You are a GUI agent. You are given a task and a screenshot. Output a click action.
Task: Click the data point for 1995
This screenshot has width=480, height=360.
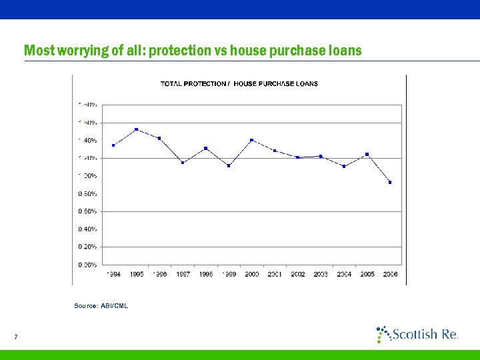137,129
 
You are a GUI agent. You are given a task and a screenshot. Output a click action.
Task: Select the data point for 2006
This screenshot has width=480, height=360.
390,182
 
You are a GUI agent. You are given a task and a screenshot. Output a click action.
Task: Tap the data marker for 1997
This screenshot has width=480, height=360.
183,163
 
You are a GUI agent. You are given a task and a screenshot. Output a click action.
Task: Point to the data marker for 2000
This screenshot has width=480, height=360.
251,140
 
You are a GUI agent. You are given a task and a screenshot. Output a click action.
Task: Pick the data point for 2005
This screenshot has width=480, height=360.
367,154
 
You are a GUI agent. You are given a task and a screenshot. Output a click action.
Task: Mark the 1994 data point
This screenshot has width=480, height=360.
114,145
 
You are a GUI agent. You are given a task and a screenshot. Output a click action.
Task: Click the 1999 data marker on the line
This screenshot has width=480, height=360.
229,165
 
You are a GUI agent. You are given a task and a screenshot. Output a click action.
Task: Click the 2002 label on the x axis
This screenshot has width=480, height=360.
298,274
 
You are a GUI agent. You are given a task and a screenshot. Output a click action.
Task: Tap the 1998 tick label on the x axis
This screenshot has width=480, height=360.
206,274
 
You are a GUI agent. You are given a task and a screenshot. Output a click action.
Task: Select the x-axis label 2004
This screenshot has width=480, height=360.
344,274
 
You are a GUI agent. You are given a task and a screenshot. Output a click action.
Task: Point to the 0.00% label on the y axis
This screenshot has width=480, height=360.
88,265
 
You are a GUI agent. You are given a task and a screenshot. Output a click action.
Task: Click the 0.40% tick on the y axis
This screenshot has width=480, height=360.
88,229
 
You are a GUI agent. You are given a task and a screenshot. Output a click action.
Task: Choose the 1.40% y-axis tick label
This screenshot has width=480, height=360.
88,141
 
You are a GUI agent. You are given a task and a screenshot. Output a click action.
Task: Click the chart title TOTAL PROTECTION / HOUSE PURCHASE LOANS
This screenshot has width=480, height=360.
239,84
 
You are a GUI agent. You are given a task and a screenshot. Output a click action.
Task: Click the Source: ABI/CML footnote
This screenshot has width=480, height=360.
101,305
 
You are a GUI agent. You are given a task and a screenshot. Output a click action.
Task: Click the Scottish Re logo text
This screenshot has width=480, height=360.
424,334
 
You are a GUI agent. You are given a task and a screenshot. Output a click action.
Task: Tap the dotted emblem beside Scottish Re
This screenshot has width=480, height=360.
383,333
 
